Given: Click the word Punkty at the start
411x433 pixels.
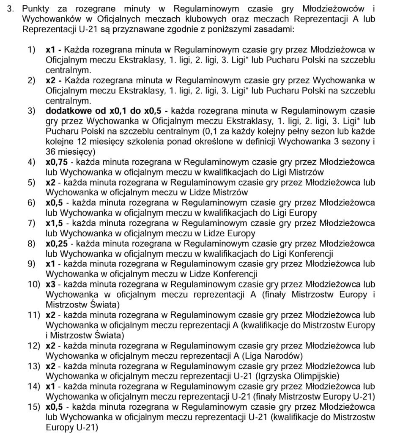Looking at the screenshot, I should [34, 9].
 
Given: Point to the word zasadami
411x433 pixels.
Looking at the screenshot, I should [279, 30].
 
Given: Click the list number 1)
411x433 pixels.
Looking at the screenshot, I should [33, 50].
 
